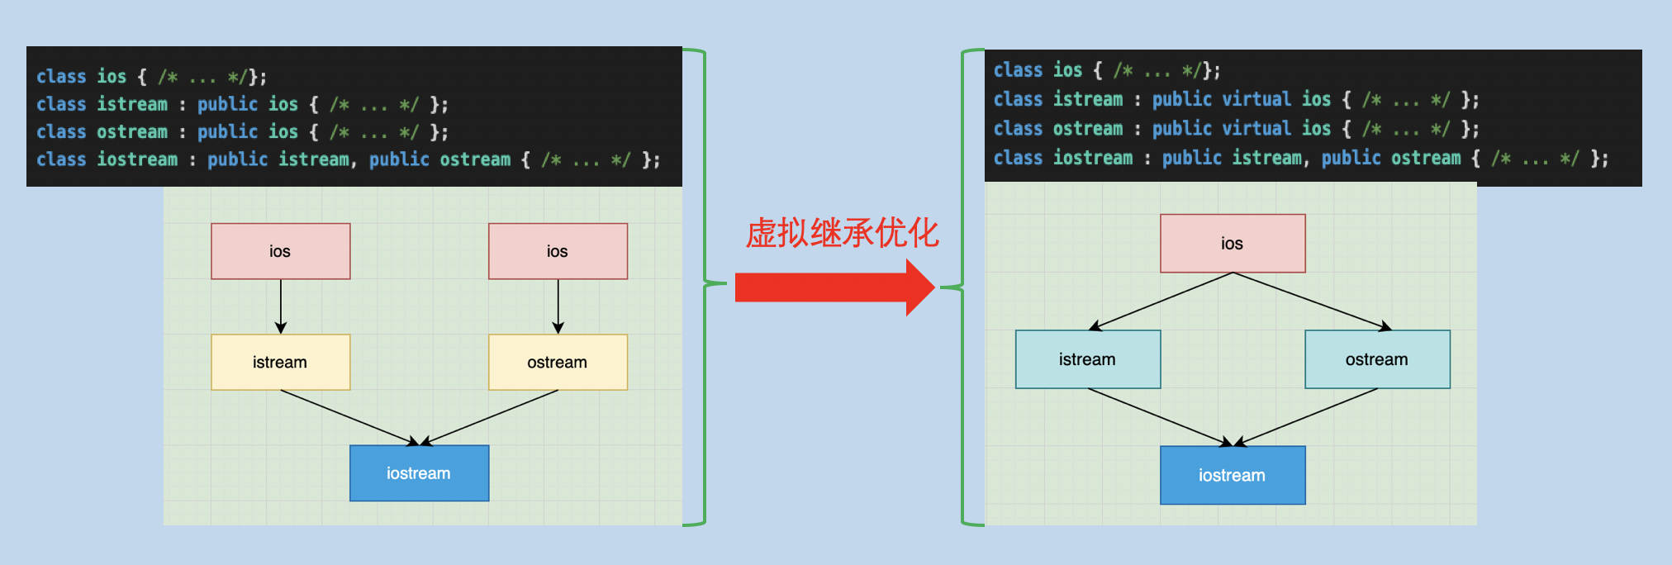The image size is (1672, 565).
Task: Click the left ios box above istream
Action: click(281, 251)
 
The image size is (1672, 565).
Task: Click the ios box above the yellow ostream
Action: click(558, 251)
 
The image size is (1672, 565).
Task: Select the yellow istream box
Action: click(281, 362)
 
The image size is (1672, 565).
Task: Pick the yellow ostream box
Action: click(558, 362)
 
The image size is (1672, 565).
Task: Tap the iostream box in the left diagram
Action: click(420, 473)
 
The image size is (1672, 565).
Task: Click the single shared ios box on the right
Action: click(1233, 244)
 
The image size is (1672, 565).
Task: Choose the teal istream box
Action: click(1088, 359)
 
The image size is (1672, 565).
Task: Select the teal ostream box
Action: click(1378, 359)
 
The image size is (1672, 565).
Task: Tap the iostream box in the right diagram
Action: click(1233, 475)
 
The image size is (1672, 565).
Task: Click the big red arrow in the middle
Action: click(834, 287)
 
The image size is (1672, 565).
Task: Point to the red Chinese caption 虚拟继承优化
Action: click(842, 233)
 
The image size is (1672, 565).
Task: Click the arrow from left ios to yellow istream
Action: click(281, 306)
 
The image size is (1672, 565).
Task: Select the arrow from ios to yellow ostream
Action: click(558, 306)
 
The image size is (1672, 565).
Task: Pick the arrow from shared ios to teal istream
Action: click(1161, 301)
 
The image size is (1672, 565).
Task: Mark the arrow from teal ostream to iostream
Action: click(1305, 417)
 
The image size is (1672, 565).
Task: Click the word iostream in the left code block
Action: click(137, 159)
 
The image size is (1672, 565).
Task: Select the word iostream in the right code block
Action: click(1093, 158)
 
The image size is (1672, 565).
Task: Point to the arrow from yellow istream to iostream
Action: click(350, 418)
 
